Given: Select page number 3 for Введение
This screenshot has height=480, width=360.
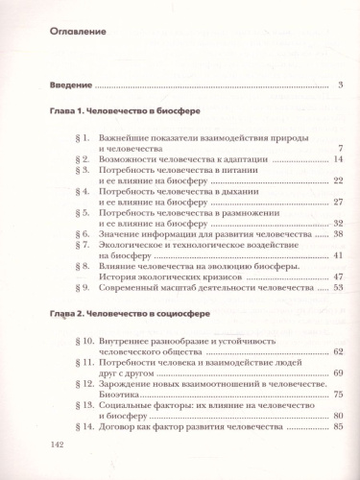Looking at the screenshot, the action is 341,87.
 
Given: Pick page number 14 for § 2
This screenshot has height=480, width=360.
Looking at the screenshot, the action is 338,158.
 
